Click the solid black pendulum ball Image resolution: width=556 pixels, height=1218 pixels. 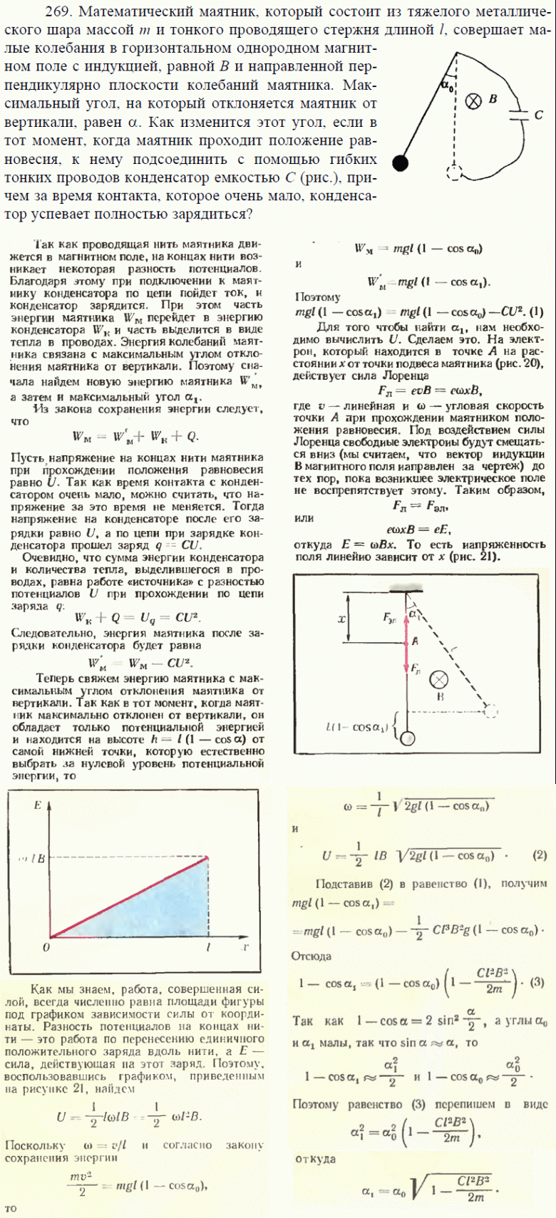401,163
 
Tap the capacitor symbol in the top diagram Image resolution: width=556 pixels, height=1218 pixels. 522,115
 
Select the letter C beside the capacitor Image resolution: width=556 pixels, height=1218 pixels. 539,114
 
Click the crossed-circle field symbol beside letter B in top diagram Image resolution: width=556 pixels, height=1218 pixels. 473,101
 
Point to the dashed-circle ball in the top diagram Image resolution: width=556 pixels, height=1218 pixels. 454,172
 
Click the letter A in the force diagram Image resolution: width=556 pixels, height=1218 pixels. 415,641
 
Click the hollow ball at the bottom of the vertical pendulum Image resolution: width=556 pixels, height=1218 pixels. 407,738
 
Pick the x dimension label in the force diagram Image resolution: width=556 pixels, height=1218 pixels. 341,619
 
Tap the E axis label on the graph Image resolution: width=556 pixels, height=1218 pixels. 38,805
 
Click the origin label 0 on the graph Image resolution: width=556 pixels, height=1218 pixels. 45,946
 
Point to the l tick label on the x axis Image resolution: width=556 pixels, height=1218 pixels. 207,946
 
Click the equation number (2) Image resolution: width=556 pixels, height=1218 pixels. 539,855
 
